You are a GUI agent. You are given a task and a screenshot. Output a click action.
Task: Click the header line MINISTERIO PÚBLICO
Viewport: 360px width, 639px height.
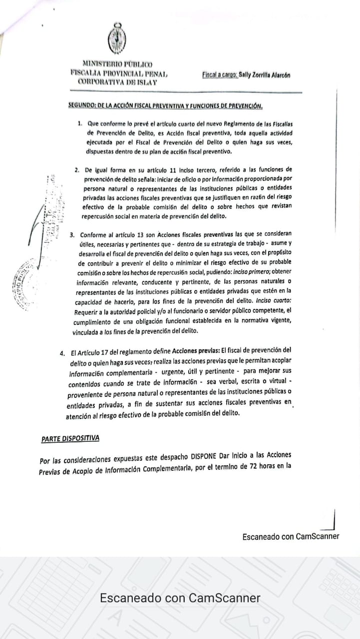tap(117, 64)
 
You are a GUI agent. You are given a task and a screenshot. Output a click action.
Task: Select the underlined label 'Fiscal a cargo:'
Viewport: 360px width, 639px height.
tap(220, 75)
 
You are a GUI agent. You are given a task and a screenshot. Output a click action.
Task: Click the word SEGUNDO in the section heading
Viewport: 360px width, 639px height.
tap(82, 106)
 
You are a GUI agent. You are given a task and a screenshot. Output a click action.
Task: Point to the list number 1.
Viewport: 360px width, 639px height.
tap(80, 123)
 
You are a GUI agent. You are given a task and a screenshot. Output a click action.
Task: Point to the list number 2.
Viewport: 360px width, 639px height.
tap(77, 170)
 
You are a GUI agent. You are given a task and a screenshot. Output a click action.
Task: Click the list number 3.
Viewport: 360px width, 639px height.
tap(72, 234)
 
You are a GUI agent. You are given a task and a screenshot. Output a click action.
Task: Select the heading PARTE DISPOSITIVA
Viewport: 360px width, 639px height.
tap(70, 438)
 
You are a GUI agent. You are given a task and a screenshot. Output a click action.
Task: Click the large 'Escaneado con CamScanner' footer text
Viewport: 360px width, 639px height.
tap(180, 598)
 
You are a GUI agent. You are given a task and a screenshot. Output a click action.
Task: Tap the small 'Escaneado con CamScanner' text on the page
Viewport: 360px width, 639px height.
tap(291, 537)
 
